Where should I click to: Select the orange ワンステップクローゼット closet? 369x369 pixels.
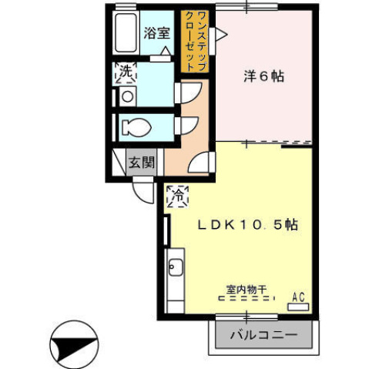click(193, 41)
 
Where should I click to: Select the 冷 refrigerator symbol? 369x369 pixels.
click(176, 196)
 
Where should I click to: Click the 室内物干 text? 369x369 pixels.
click(246, 290)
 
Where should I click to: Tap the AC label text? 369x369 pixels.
click(298, 295)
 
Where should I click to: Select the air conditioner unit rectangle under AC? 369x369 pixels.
click(297, 307)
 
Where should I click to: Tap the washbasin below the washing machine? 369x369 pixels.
click(126, 96)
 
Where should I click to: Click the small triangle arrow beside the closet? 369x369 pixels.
click(221, 33)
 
